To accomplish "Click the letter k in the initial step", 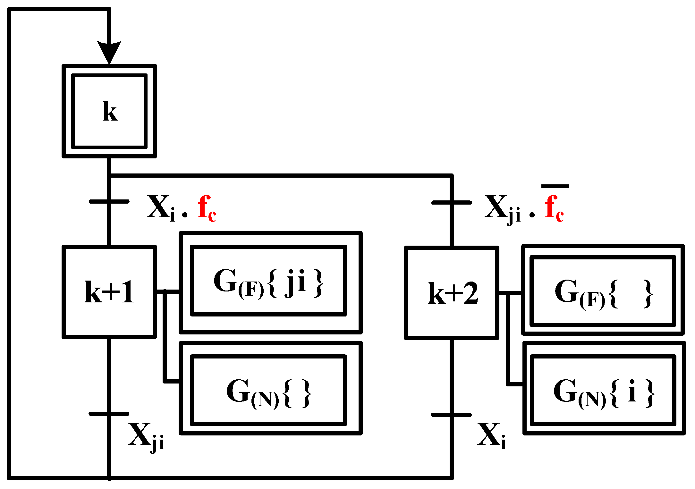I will [110, 112].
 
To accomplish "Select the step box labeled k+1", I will [109, 291].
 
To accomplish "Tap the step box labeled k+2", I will [452, 293].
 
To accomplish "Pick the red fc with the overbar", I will [554, 209].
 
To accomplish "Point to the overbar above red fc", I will [555, 186].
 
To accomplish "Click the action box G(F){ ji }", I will [269, 281].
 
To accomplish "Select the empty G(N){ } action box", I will [269, 390].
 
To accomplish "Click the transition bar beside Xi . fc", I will [109, 202].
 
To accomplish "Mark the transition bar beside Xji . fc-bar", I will [452, 203].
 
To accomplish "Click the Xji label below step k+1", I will [146, 436].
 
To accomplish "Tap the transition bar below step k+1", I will [109, 414].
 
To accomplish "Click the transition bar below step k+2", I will [452, 415].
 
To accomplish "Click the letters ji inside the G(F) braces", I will [295, 282].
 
